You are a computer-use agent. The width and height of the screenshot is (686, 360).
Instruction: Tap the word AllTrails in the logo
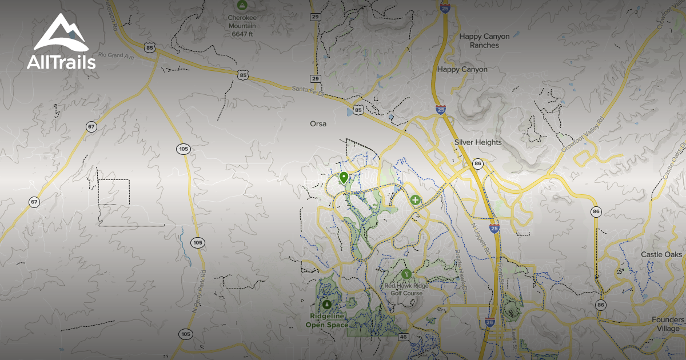click(61, 62)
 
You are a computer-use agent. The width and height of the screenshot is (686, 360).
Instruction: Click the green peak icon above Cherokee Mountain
click(242, 5)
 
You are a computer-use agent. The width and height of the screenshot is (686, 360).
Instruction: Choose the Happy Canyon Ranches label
click(484, 41)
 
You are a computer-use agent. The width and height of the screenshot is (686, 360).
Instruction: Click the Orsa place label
click(318, 123)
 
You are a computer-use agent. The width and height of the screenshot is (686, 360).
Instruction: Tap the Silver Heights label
click(478, 142)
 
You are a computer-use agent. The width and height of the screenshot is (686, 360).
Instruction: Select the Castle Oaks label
click(661, 254)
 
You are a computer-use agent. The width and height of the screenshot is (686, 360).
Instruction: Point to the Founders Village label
click(667, 324)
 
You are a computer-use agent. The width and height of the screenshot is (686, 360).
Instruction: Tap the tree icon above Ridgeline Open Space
click(327, 304)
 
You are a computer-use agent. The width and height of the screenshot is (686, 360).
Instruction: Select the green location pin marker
click(344, 178)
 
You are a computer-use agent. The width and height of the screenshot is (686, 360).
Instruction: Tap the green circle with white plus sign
click(416, 201)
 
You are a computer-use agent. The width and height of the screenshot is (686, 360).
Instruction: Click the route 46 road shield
click(403, 337)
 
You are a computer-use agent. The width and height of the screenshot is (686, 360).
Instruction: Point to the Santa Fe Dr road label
click(308, 90)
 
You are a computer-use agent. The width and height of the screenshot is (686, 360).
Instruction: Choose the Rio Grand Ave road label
click(116, 55)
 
